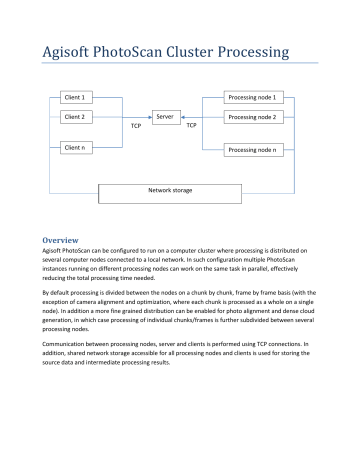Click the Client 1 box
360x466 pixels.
[76, 98]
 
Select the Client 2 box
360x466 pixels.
[76, 118]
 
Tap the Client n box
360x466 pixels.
[76, 148]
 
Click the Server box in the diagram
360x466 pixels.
[166, 118]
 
